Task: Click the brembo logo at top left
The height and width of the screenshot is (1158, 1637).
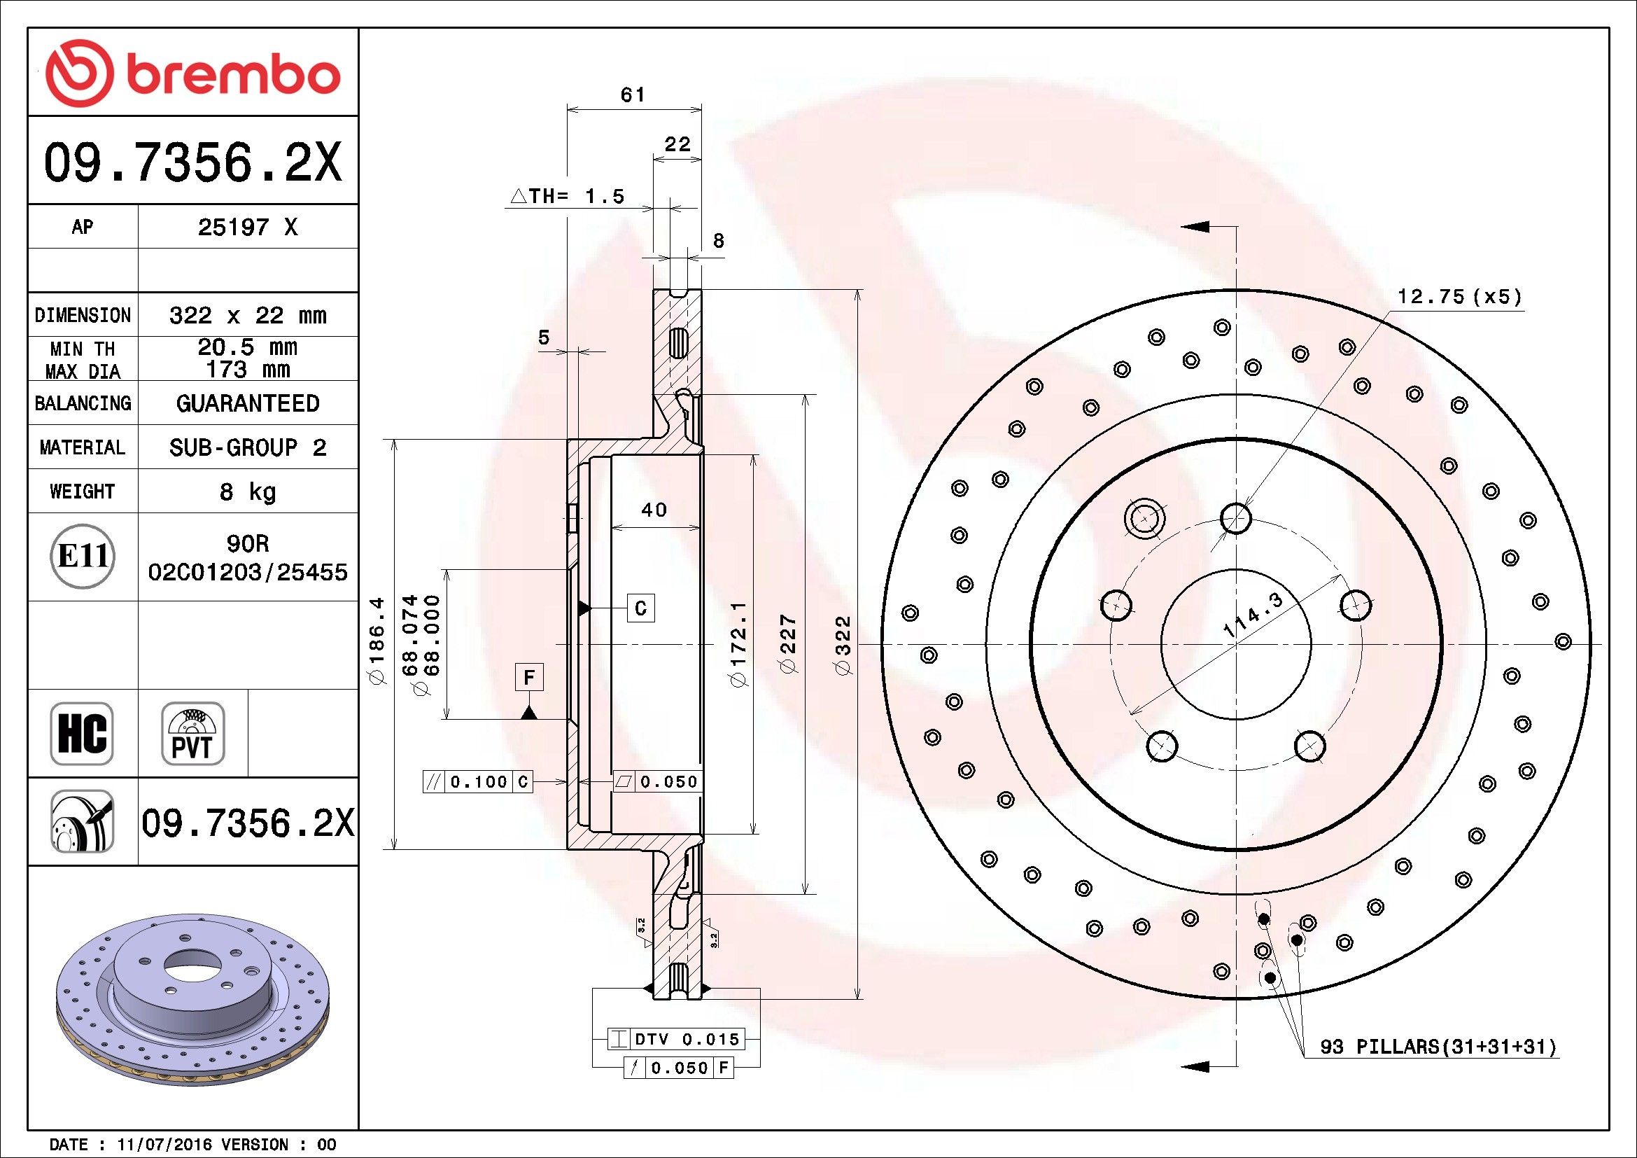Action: click(192, 74)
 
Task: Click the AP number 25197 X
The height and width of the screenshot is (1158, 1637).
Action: click(247, 227)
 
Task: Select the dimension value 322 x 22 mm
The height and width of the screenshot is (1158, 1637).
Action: click(247, 314)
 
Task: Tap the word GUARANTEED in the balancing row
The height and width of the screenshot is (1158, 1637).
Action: click(247, 403)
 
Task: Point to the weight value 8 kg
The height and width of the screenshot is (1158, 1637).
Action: click(247, 491)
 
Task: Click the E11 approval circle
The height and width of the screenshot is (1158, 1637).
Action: click(83, 556)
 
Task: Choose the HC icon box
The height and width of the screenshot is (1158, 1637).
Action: click(82, 733)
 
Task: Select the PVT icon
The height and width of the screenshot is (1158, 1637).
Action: click(192, 733)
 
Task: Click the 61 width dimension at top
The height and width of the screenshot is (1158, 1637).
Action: click(633, 94)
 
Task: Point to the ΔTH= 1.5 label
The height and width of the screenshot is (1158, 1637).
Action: click(568, 195)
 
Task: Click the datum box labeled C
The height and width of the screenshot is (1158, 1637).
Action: click(640, 608)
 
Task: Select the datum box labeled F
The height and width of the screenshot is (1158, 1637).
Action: click(529, 677)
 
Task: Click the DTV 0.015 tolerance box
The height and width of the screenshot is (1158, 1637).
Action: click(675, 1039)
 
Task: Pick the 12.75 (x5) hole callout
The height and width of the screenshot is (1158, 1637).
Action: click(1459, 297)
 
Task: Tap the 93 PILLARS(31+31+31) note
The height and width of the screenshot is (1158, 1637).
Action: click(1439, 1047)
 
